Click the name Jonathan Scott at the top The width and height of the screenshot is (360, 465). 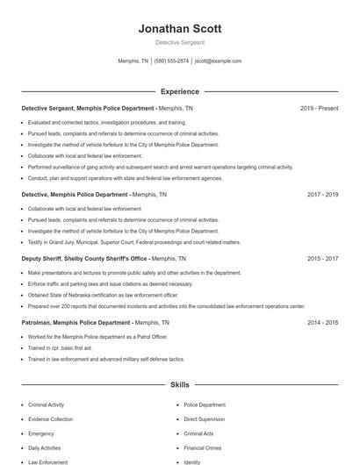[179, 29]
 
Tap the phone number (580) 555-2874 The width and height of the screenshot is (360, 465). [171, 61]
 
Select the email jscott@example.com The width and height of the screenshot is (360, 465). [218, 61]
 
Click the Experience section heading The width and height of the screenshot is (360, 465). [179, 91]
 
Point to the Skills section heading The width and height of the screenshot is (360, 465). [179, 384]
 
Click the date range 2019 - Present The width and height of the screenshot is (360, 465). [319, 108]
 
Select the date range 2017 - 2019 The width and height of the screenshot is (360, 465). [322, 194]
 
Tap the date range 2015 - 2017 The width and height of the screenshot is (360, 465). [322, 259]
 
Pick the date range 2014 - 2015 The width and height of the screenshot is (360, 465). [322, 323]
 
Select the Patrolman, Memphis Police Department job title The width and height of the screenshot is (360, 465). [77, 323]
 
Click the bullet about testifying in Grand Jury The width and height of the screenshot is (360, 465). [133, 241]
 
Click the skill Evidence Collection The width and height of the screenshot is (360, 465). [51, 419]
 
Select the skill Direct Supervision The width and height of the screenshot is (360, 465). [204, 419]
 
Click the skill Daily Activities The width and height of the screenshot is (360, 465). [47, 447]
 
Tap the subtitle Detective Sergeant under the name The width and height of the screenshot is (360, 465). [179, 43]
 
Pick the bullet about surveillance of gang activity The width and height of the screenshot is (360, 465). [160, 167]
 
